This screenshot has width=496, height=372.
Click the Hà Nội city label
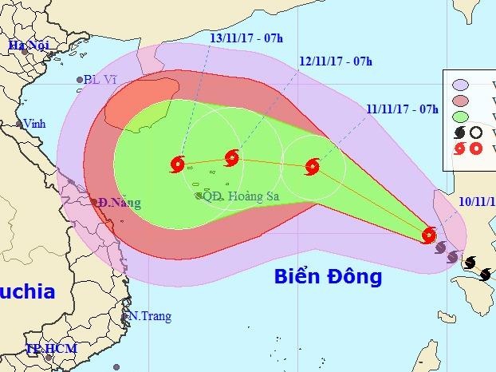point(28,46)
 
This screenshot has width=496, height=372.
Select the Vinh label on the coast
point(35,125)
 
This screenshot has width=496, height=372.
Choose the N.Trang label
point(152,316)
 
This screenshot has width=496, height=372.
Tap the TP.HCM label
point(45,349)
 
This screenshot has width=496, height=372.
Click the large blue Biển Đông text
point(328,277)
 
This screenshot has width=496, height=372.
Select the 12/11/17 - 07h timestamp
point(338,60)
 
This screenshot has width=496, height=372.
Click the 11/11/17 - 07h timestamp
point(403,109)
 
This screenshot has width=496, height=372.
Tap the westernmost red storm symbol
point(177,165)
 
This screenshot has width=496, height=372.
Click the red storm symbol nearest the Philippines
point(429,235)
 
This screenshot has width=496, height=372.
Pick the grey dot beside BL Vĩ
point(80,79)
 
